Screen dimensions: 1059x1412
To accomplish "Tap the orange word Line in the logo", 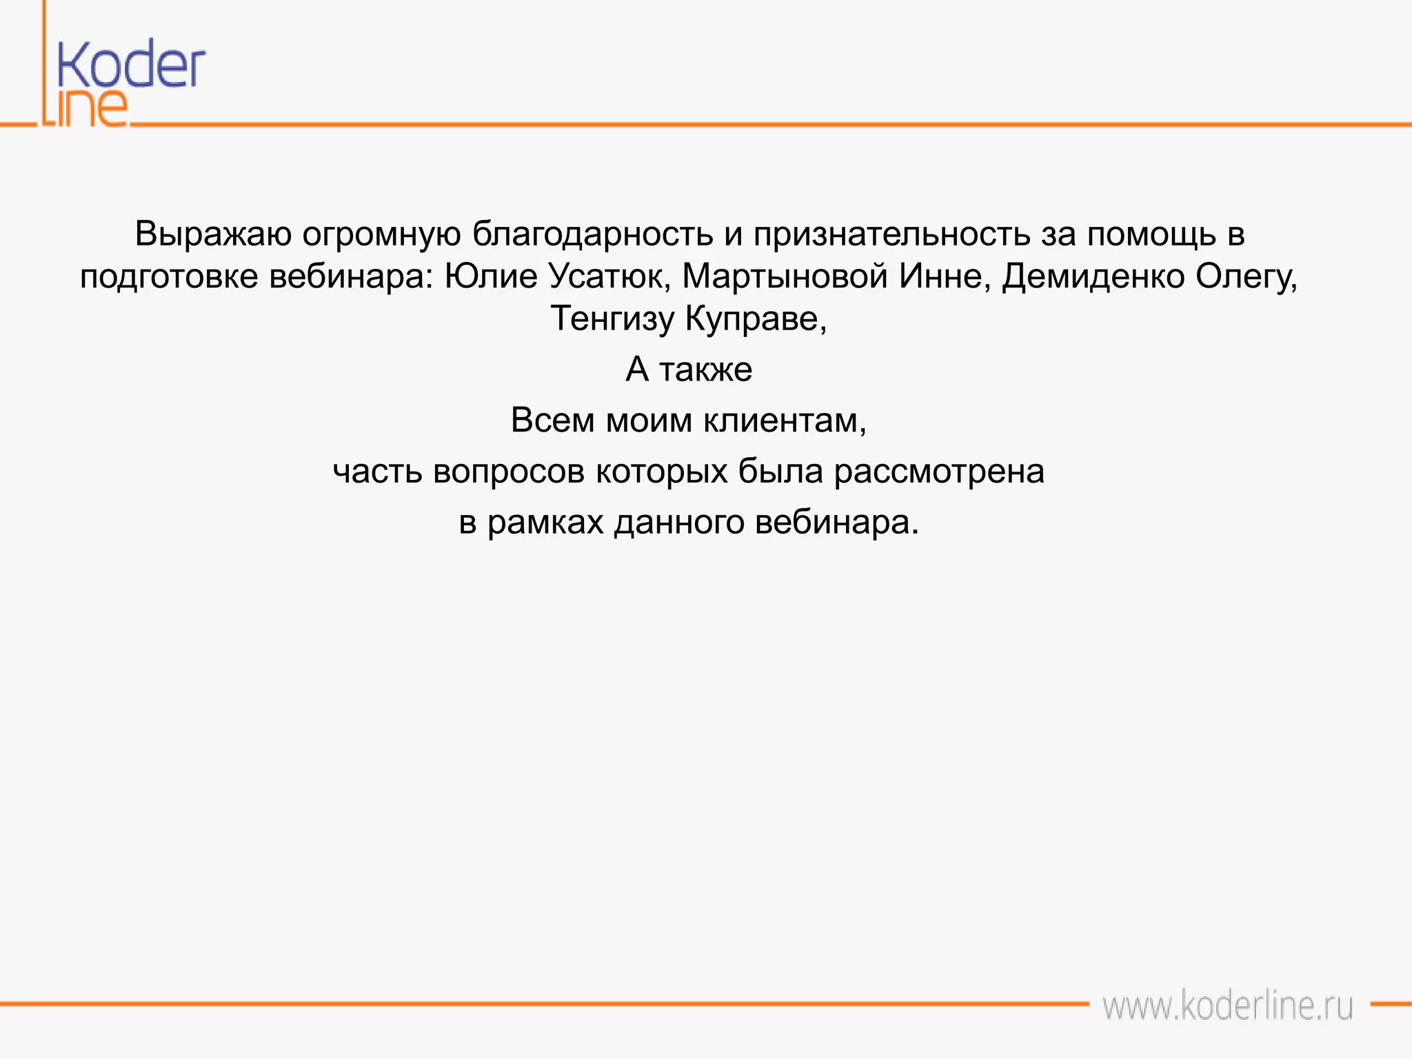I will pyautogui.click(x=85, y=108).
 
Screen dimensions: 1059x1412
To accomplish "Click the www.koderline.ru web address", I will pyautogui.click(x=1227, y=1006).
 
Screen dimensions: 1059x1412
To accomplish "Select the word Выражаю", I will pyautogui.click(x=212, y=234).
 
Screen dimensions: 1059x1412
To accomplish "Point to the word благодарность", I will pyautogui.click(x=592, y=234).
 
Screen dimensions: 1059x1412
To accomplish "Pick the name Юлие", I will pyautogui.click(x=491, y=276).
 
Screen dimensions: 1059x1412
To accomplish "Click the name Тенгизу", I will pyautogui.click(x=612, y=319).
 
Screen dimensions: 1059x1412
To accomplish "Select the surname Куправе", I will pyautogui.click(x=756, y=319).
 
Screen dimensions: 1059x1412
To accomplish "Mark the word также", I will pyautogui.click(x=706, y=370).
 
